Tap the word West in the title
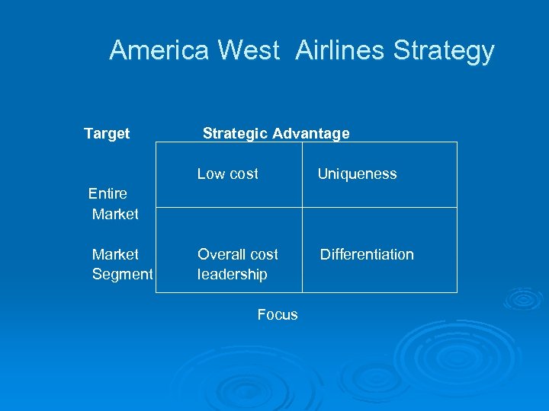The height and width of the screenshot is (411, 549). pyautogui.click(x=249, y=51)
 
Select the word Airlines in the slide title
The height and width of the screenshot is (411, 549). pyautogui.click(x=341, y=51)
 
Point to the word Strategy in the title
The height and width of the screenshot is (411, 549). pyautogui.click(x=445, y=52)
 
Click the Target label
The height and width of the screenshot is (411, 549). pyautogui.click(x=107, y=134)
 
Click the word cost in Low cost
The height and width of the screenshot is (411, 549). pyautogui.click(x=244, y=174)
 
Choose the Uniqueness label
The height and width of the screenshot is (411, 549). pyautogui.click(x=357, y=174)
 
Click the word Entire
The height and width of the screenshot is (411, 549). pyautogui.click(x=108, y=194)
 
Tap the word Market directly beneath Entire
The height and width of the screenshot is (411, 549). pyautogui.click(x=115, y=215)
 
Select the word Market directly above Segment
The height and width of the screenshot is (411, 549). pyautogui.click(x=115, y=254)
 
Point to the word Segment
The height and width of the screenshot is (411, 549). pyautogui.click(x=122, y=274)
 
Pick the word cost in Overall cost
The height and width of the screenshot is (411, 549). pyautogui.click(x=264, y=254)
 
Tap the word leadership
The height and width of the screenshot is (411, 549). pyautogui.click(x=232, y=274)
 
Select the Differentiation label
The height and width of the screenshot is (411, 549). pyautogui.click(x=367, y=254)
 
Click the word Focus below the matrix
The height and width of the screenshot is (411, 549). pyautogui.click(x=278, y=314)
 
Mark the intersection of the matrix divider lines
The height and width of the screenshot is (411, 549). pyautogui.click(x=302, y=207)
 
